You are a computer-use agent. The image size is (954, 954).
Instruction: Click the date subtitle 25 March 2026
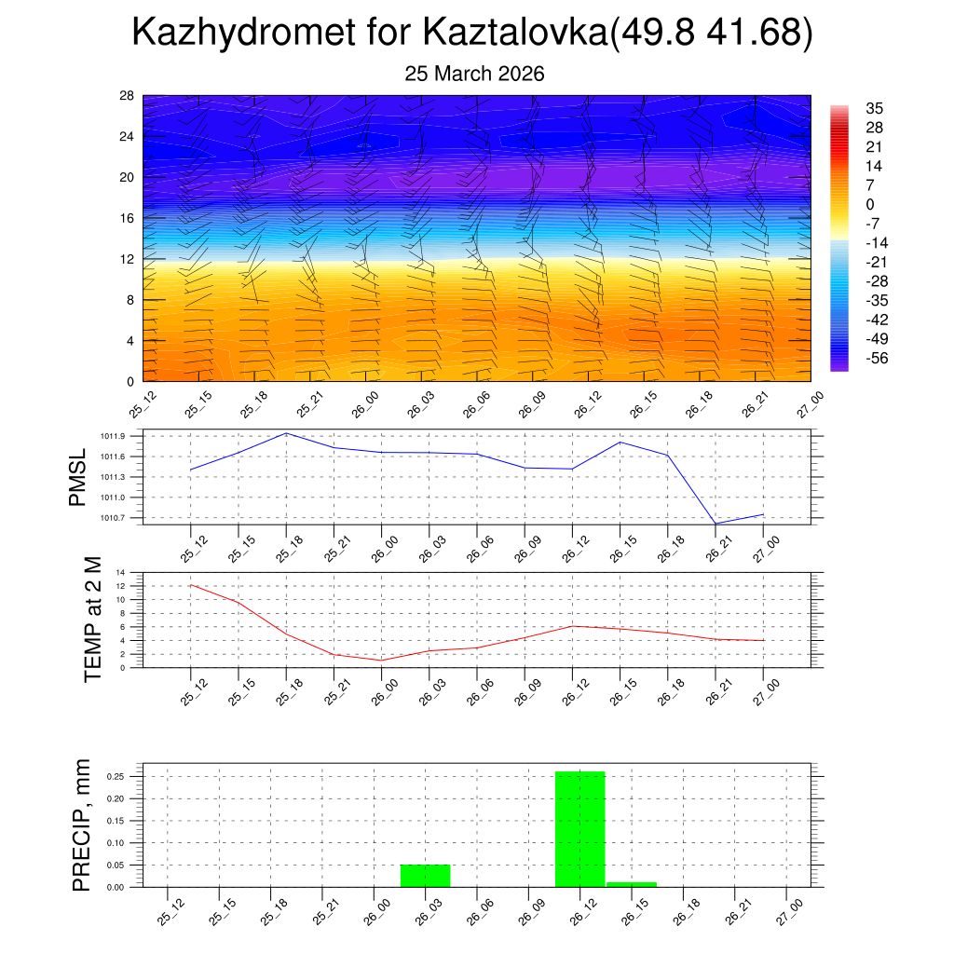(474, 74)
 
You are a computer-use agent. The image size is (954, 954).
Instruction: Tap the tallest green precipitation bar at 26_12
(579, 829)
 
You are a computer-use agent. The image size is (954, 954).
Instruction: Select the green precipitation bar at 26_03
(425, 876)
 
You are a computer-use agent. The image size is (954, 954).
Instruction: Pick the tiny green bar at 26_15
(632, 884)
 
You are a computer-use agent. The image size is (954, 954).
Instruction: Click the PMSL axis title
(78, 477)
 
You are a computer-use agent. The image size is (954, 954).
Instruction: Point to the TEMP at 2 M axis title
(92, 620)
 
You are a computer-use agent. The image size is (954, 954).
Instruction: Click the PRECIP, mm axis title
(82, 825)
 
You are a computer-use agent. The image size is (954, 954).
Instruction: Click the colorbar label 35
(874, 107)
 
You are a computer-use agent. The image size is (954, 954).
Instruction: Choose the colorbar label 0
(870, 204)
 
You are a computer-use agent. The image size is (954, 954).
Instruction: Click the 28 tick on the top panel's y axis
(128, 96)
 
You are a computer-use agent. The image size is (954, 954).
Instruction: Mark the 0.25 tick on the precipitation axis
(115, 776)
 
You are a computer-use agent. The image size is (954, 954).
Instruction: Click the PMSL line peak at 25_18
(286, 433)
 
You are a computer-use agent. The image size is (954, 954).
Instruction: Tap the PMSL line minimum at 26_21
(715, 524)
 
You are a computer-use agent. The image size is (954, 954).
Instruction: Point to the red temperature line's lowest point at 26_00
(381, 660)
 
